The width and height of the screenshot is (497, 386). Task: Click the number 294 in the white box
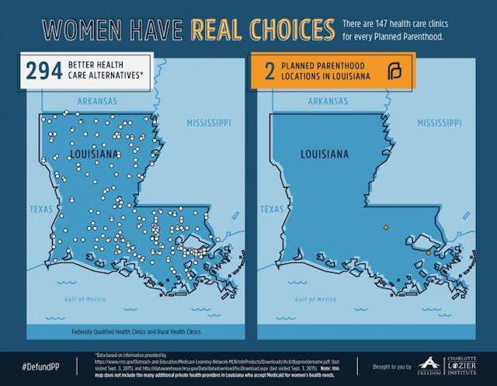tap(43, 72)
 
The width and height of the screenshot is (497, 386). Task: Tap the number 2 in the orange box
tap(269, 72)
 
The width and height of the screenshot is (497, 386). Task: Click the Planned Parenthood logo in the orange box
tap(394, 73)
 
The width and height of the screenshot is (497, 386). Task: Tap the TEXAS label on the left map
tap(40, 209)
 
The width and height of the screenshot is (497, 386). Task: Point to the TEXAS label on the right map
tap(272, 209)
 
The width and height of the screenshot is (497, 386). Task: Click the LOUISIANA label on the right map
tap(324, 154)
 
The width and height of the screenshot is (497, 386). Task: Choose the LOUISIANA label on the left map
tap(95, 155)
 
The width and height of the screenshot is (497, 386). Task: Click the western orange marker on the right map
tap(385, 228)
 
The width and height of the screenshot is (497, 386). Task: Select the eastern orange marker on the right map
tap(428, 252)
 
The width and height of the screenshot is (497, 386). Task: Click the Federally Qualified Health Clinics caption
tap(136, 332)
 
